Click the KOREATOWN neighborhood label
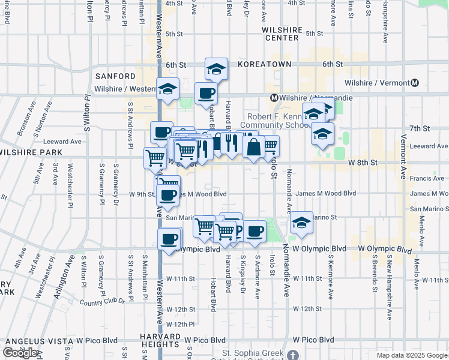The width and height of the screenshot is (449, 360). click(x=264, y=64)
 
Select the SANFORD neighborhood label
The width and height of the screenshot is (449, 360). click(x=115, y=76)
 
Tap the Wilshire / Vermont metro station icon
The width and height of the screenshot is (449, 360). click(x=414, y=83)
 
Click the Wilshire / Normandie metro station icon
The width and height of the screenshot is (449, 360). click(x=273, y=98)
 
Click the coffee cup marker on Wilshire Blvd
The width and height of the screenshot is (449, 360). click(x=206, y=93)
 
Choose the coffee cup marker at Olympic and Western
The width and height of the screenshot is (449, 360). click(x=169, y=239)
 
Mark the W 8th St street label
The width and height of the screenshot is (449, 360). click(x=364, y=162)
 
